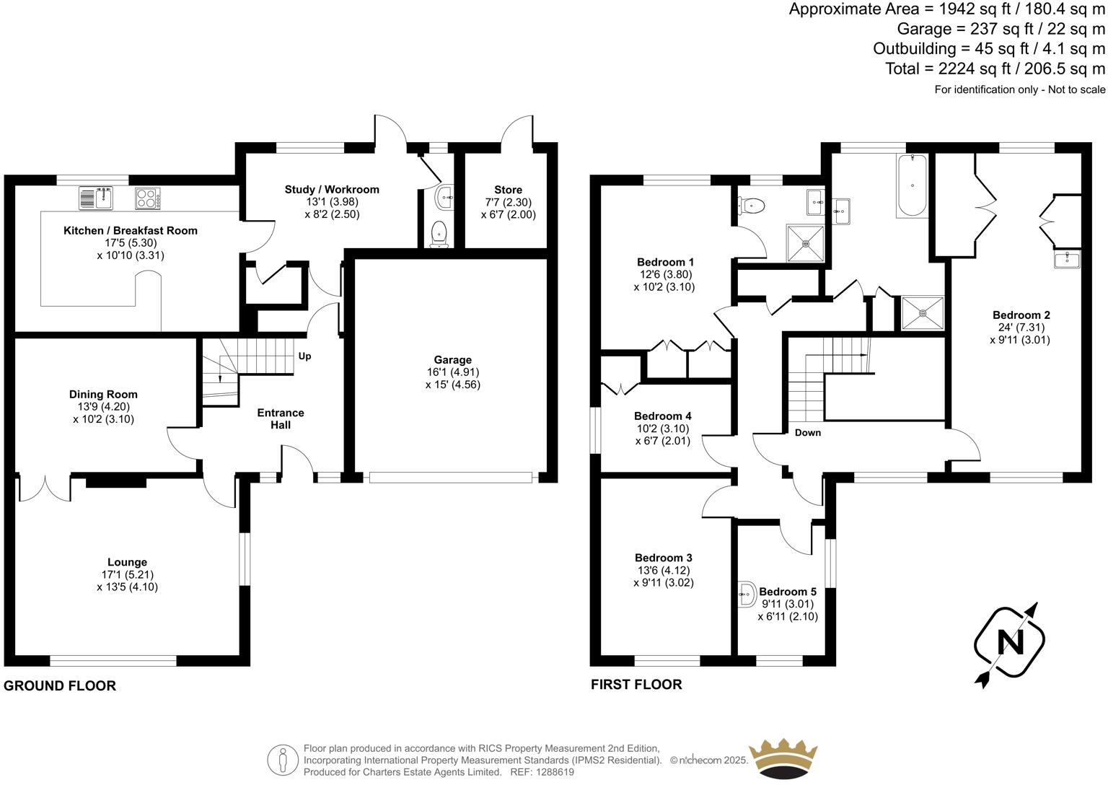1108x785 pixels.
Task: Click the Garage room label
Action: (452, 360)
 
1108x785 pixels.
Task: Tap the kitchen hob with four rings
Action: (147, 198)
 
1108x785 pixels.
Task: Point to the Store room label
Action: (508, 190)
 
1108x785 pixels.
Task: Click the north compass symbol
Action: (1009, 641)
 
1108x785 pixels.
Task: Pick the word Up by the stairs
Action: (305, 356)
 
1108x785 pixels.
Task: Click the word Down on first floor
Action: (807, 433)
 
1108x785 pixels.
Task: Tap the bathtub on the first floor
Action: (913, 185)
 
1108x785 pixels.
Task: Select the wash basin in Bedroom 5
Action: (746, 595)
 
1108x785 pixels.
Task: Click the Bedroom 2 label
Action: (1021, 315)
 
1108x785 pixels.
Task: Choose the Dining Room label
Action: (103, 394)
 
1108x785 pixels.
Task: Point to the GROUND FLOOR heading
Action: (60, 685)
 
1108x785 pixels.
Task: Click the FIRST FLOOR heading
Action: (636, 684)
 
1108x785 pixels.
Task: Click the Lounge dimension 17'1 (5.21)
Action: (127, 574)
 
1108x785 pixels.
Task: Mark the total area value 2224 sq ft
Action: (948, 69)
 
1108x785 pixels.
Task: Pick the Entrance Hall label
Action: (281, 418)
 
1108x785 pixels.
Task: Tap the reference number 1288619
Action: (553, 772)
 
